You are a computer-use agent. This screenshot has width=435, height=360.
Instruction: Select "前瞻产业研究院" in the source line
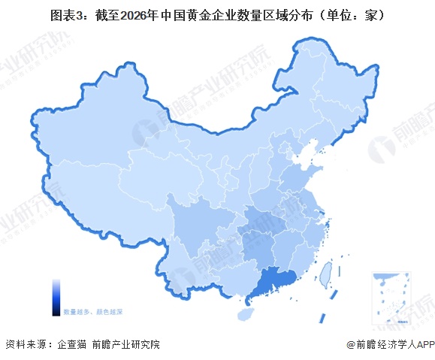126,344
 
